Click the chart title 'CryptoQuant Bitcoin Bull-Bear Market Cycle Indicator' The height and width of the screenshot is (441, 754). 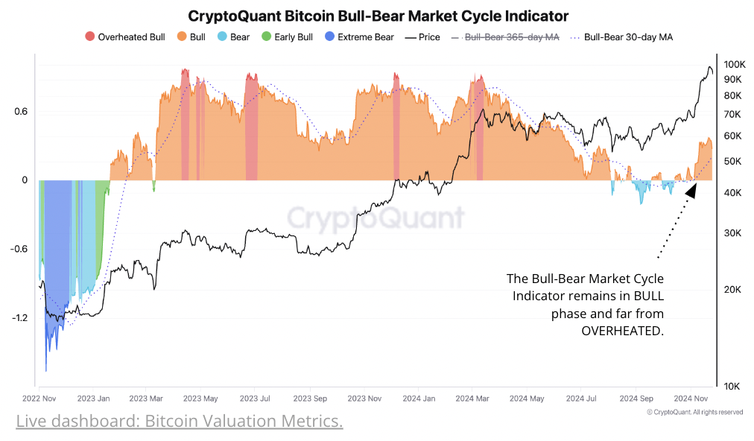tap(378, 16)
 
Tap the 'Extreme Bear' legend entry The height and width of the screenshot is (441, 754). tap(358, 37)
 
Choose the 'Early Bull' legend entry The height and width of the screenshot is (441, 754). tap(286, 37)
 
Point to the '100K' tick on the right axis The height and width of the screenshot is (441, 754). tap(735, 64)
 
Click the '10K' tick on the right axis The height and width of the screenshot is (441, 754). tap(732, 386)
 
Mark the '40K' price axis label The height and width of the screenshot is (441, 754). tap(732, 193)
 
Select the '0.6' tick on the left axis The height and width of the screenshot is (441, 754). tap(20, 112)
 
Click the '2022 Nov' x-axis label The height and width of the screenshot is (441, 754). tap(40, 399)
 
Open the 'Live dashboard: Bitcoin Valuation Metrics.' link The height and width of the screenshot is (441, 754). tap(180, 422)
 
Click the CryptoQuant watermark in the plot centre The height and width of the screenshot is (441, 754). tap(376, 218)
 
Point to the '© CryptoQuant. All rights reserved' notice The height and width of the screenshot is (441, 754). tap(694, 412)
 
